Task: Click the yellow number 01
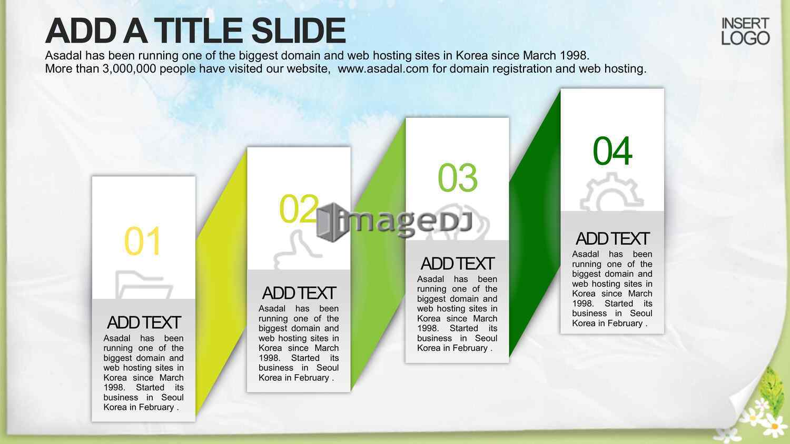pyautogui.click(x=143, y=241)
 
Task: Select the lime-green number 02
pyautogui.click(x=299, y=209)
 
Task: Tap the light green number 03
pyautogui.click(x=458, y=177)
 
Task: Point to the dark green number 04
pyautogui.click(x=613, y=151)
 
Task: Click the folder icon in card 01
pyautogui.click(x=144, y=285)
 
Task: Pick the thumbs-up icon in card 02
pyautogui.click(x=298, y=250)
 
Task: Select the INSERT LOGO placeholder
pyautogui.click(x=745, y=31)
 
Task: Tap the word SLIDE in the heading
pyautogui.click(x=299, y=31)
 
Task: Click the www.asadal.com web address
pyautogui.click(x=383, y=68)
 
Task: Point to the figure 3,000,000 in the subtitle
pyautogui.click(x=129, y=69)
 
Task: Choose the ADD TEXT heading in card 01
pyautogui.click(x=144, y=322)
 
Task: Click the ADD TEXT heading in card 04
pyautogui.click(x=613, y=238)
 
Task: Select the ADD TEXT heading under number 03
pyautogui.click(x=458, y=264)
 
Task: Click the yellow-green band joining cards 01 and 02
pyautogui.click(x=221, y=282)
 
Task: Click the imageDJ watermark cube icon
pyautogui.click(x=331, y=223)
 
